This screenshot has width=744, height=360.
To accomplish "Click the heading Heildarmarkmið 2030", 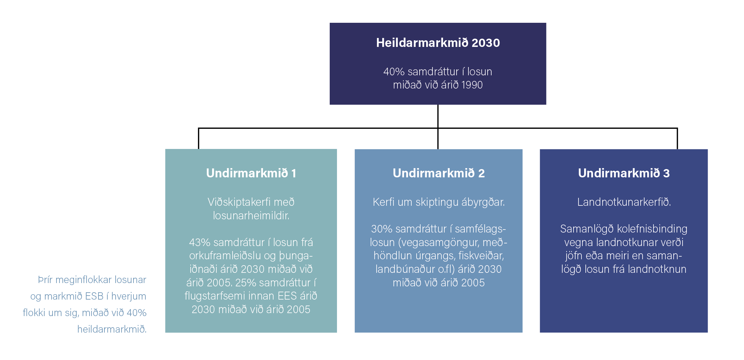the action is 438,43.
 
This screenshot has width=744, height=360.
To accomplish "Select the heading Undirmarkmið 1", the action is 251,173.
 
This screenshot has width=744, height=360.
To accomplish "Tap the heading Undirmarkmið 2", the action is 439,173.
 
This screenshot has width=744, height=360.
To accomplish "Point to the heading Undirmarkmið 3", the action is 624,173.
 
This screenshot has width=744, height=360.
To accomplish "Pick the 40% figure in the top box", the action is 394,72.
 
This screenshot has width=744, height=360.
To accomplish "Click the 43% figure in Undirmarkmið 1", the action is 200,242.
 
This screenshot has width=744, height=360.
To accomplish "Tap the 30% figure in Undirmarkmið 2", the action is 382,229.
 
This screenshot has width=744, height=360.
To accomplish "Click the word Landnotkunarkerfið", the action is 624,202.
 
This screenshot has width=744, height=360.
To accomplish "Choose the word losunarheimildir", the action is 251,216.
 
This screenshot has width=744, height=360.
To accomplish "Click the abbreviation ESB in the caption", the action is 94,296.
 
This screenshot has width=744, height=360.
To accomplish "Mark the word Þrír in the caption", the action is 45,280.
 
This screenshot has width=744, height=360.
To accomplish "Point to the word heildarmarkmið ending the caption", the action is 112,329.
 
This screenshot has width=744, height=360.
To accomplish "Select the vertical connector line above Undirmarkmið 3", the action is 677,138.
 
